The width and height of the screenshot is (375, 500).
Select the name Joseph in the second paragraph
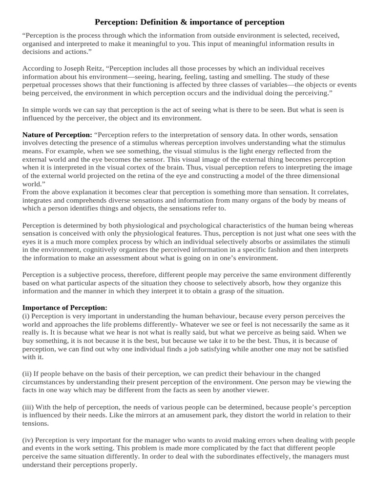click(73, 68)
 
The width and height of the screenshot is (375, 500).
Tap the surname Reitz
click(94, 68)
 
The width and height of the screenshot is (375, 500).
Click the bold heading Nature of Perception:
click(57, 134)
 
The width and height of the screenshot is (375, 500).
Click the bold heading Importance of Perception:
click(65, 308)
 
